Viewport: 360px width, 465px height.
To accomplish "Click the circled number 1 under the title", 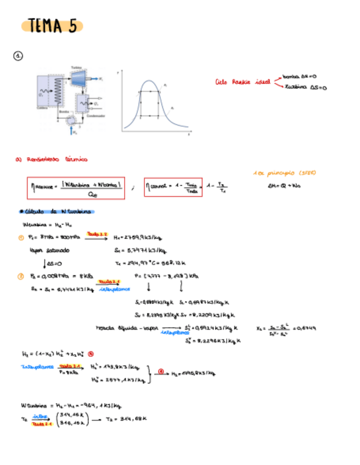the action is pos(19,56).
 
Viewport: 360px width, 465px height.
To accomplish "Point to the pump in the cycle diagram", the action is pos(71,120).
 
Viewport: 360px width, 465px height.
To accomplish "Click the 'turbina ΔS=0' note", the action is pos(305,87).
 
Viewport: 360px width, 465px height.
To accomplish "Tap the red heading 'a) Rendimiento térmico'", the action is pos(51,160).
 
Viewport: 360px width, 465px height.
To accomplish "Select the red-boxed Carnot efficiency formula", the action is pos(172,188).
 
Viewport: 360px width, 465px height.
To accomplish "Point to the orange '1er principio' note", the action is pos(284,173).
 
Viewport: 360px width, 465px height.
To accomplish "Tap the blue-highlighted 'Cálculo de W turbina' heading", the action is pos(57,212).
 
